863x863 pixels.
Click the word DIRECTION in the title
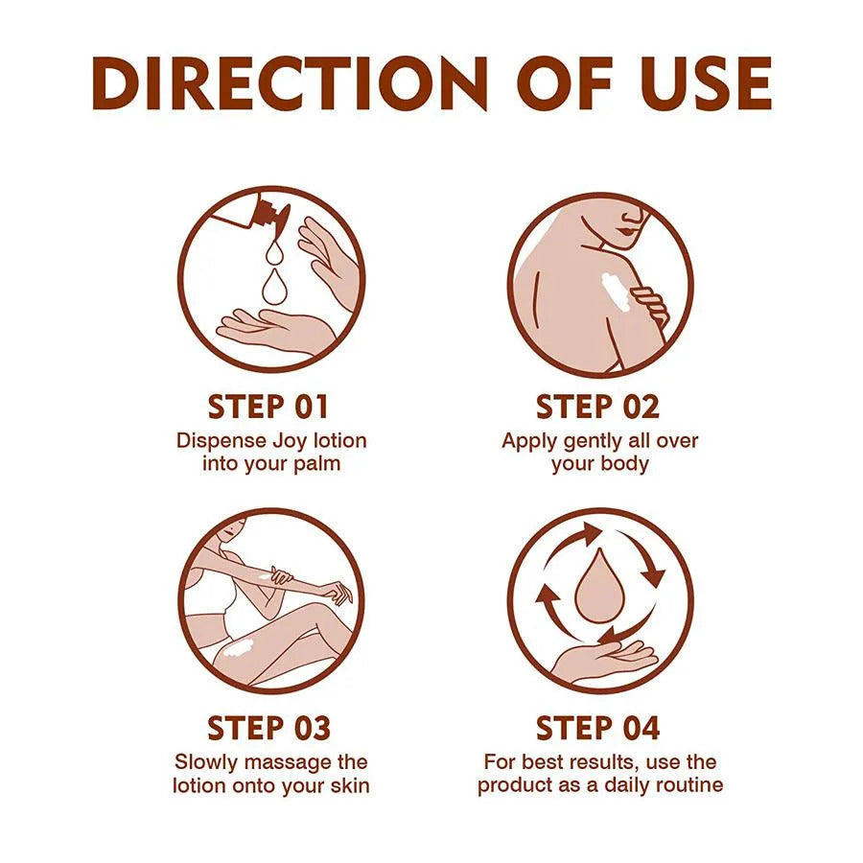coord(290,83)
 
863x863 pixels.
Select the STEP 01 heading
coord(268,407)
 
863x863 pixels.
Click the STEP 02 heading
coord(597,407)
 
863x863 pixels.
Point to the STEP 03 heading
coord(268,728)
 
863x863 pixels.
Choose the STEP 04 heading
coord(597,728)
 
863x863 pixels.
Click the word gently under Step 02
coord(586,442)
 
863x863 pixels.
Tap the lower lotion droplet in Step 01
coord(273,286)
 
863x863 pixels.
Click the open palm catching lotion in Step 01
coord(272,329)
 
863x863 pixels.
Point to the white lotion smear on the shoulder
coord(616,292)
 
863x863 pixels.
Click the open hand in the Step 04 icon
coord(604,661)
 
